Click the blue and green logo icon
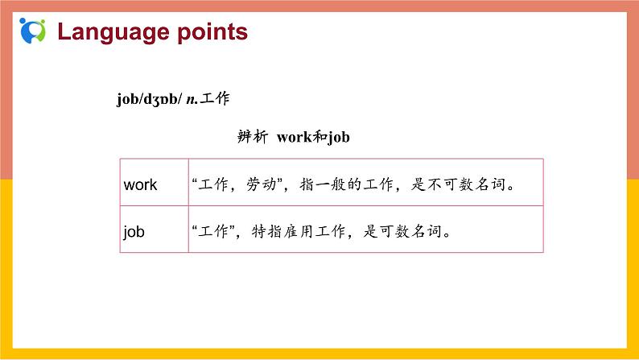[32, 31]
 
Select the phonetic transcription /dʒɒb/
[161, 99]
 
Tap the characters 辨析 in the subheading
[252, 137]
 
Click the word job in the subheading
[339, 137]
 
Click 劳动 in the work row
[260, 184]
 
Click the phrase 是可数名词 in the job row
[401, 231]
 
